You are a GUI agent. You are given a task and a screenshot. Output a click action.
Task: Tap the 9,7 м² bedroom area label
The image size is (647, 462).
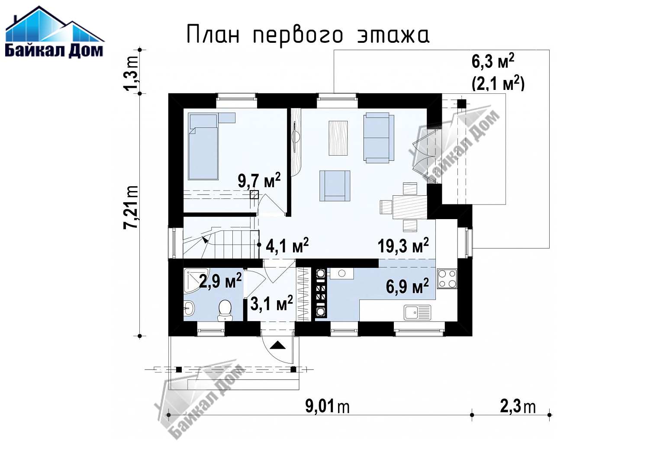pos(259,181)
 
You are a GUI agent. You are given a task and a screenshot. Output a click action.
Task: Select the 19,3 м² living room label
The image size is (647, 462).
pos(403,246)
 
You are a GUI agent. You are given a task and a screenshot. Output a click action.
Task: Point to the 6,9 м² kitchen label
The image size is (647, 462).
pos(407,286)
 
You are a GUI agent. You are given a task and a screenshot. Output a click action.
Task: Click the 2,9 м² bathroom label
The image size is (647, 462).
pos(220,280)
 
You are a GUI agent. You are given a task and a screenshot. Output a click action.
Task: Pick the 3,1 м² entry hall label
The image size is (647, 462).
pos(271,303)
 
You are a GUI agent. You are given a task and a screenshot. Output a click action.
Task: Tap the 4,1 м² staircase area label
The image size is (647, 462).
pos(287,245)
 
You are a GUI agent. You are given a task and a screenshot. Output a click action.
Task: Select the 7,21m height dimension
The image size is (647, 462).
pos(131,207)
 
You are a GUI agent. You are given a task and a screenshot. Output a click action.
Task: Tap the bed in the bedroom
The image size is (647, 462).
pos(203,146)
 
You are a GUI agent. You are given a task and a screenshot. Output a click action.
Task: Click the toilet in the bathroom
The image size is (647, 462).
pos(225,310)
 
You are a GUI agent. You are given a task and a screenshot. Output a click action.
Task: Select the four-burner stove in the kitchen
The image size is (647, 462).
pos(447,279)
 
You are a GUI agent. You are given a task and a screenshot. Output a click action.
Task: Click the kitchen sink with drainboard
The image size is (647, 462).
pos(417,312)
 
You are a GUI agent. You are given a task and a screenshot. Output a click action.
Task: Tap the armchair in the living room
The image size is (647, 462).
pos(335,186)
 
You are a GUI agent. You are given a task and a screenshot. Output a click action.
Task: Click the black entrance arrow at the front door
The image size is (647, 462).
pos(277,345)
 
